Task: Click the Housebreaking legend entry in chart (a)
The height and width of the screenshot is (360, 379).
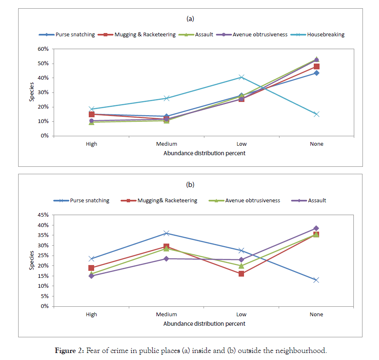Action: [325, 35]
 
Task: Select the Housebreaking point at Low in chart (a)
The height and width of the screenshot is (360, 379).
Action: [242, 77]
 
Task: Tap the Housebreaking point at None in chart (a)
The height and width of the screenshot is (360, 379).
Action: [317, 114]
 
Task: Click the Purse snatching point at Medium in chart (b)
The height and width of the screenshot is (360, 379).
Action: [166, 233]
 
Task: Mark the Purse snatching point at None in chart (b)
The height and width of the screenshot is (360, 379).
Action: [317, 280]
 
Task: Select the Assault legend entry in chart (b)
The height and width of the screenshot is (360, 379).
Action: [317, 201]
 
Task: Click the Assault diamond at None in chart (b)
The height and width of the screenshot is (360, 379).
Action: [317, 228]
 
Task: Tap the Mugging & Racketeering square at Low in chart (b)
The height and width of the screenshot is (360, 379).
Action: [242, 274]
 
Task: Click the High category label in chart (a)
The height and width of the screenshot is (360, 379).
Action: [91, 144]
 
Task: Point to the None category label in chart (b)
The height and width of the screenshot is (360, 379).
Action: [317, 315]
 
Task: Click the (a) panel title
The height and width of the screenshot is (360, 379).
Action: [190, 19]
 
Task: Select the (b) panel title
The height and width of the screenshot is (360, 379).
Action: [190, 185]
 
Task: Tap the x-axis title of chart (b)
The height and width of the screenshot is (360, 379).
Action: [204, 324]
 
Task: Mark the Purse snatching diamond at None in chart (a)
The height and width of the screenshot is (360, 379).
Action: [317, 73]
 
